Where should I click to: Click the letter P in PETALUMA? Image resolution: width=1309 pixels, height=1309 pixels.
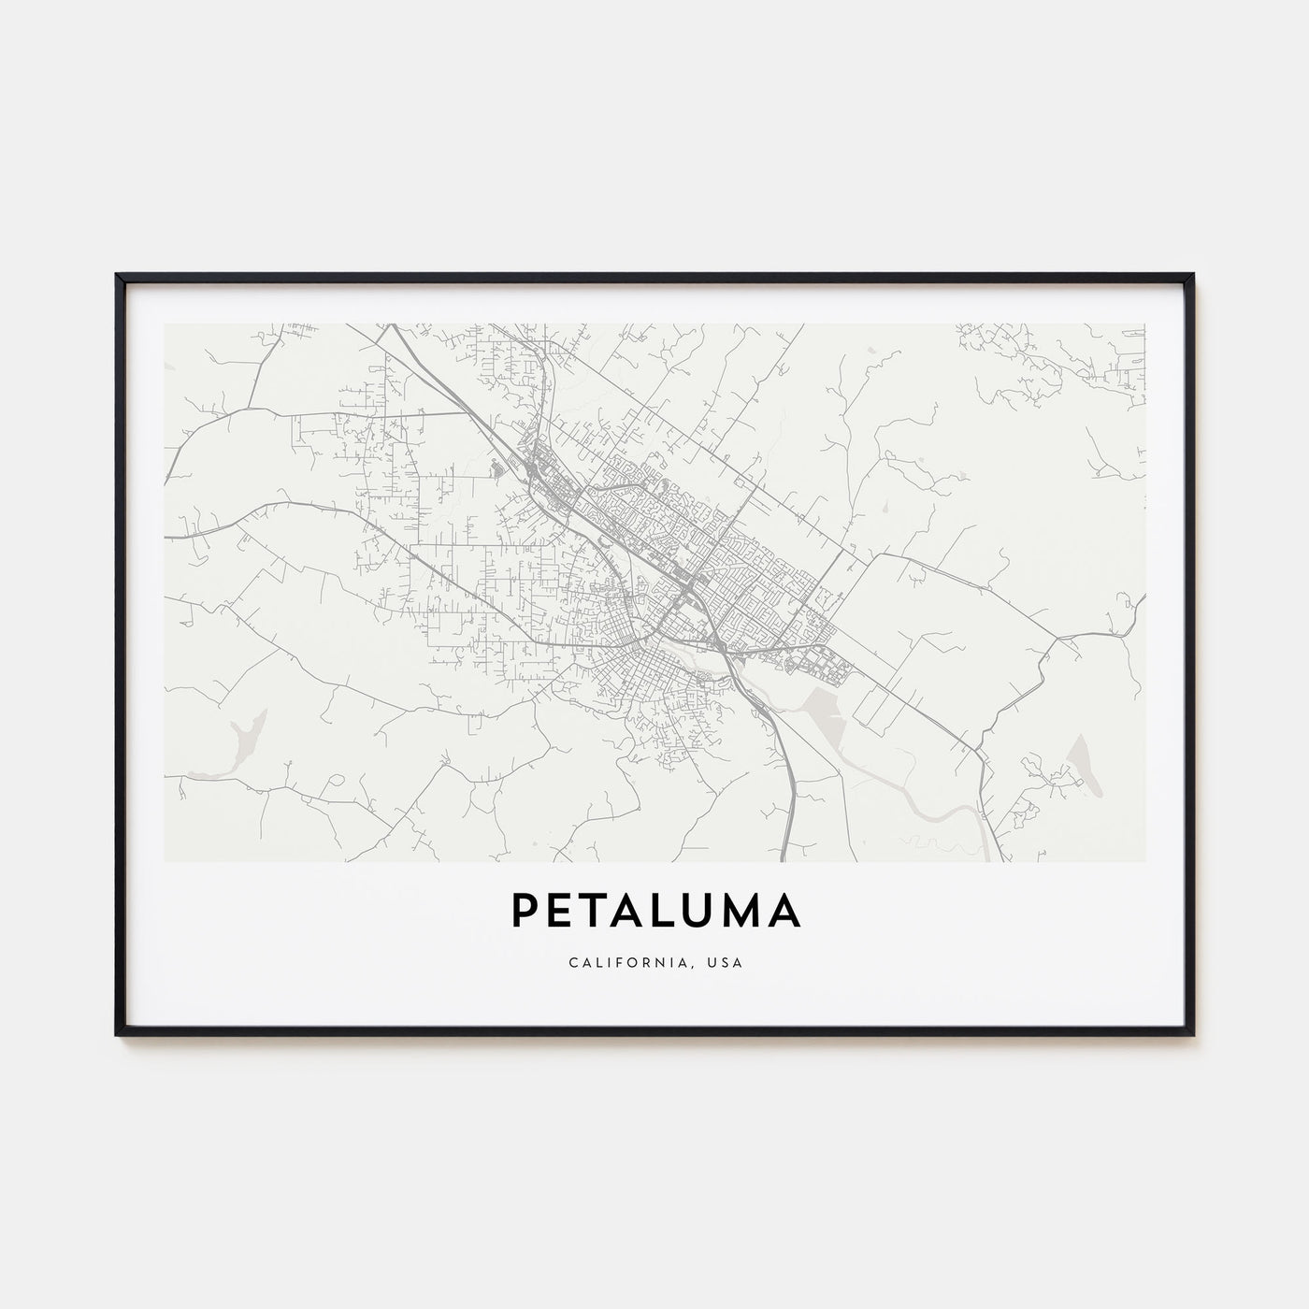(525, 913)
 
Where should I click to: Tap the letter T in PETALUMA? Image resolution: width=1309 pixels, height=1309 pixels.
(597, 913)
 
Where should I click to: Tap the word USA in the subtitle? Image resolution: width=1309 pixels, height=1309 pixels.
(727, 962)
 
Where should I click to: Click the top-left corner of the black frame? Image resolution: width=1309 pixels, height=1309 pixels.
(117, 275)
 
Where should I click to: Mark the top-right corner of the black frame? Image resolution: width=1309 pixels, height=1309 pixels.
(1193, 275)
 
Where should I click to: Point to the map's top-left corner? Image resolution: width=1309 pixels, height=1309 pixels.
(165, 324)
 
